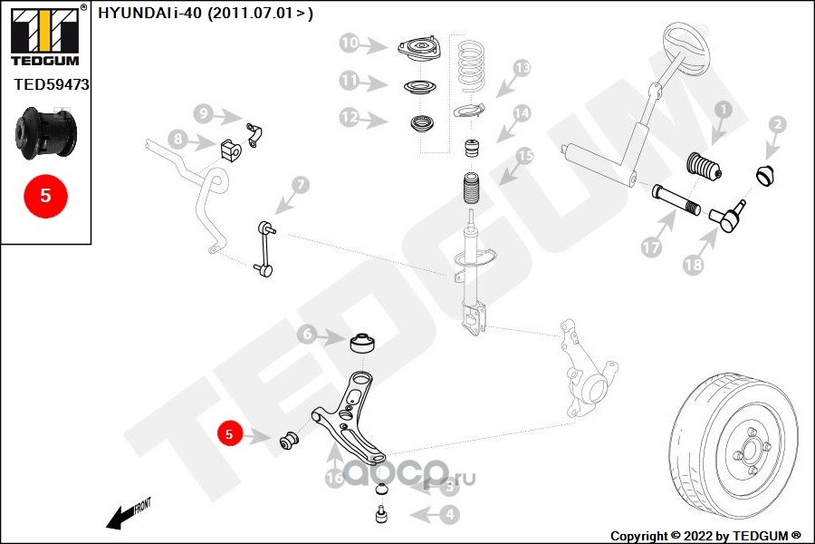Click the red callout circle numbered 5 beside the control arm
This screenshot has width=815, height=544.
(x=229, y=434)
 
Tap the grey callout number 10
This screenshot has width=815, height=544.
(x=350, y=43)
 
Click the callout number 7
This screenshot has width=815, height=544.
(x=300, y=186)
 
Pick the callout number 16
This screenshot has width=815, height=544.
(x=335, y=478)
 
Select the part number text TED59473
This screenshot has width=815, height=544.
(x=51, y=85)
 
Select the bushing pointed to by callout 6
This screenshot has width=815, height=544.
(x=362, y=345)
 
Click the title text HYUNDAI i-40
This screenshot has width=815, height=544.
(x=204, y=14)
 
